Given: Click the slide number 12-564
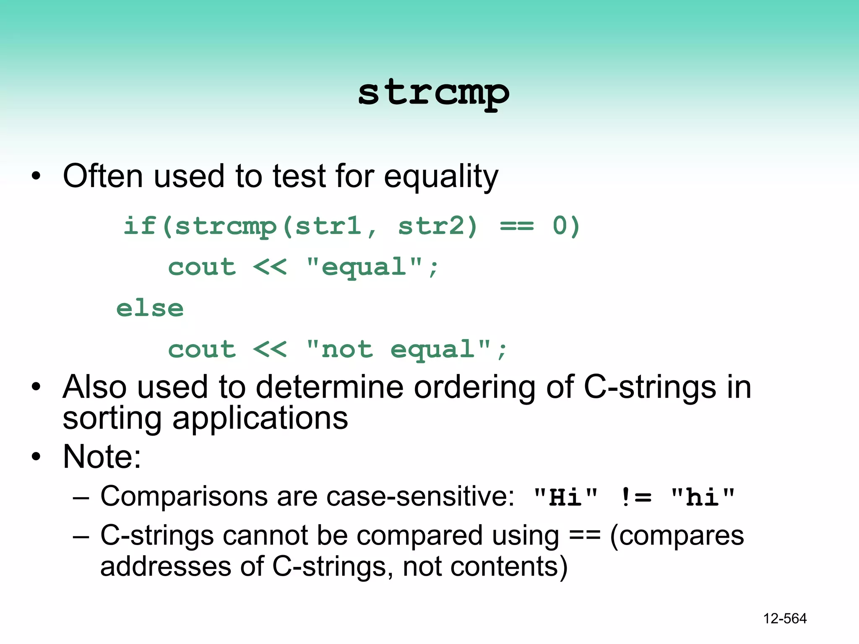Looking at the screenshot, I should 785,618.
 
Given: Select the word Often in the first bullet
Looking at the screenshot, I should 103,176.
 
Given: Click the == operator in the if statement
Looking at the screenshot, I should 517,226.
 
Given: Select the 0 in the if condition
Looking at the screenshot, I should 560,226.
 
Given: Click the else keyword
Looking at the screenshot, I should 150,309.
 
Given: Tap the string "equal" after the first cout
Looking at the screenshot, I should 364,267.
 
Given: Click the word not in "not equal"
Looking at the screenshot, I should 347,350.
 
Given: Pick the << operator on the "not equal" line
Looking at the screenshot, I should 270,350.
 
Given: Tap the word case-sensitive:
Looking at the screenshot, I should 420,496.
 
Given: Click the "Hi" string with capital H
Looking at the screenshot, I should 565,497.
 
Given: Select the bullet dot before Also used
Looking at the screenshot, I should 36,387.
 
